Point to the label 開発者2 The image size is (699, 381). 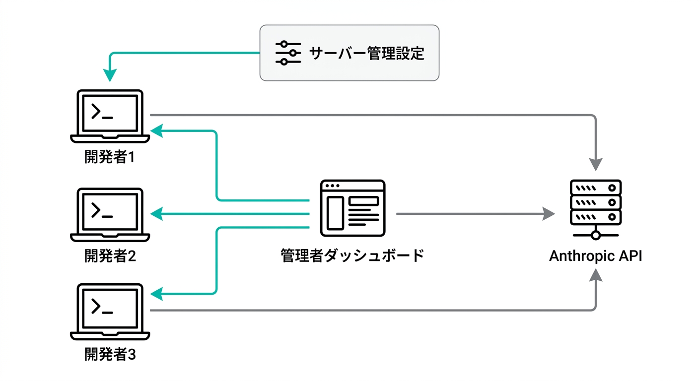coord(110,256)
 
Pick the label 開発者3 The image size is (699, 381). coord(110,355)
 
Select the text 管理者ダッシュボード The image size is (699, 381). coord(352,256)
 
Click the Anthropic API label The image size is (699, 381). coord(596,256)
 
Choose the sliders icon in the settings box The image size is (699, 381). coord(288,53)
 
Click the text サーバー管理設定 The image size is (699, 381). coord(367,53)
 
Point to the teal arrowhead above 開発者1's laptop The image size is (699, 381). coord(110,75)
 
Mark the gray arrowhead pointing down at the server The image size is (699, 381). coord(596,165)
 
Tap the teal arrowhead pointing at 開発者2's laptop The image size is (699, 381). coord(157,214)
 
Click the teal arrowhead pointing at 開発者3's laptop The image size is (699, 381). coord(157,294)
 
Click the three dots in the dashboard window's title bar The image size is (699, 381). coord(332,186)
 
